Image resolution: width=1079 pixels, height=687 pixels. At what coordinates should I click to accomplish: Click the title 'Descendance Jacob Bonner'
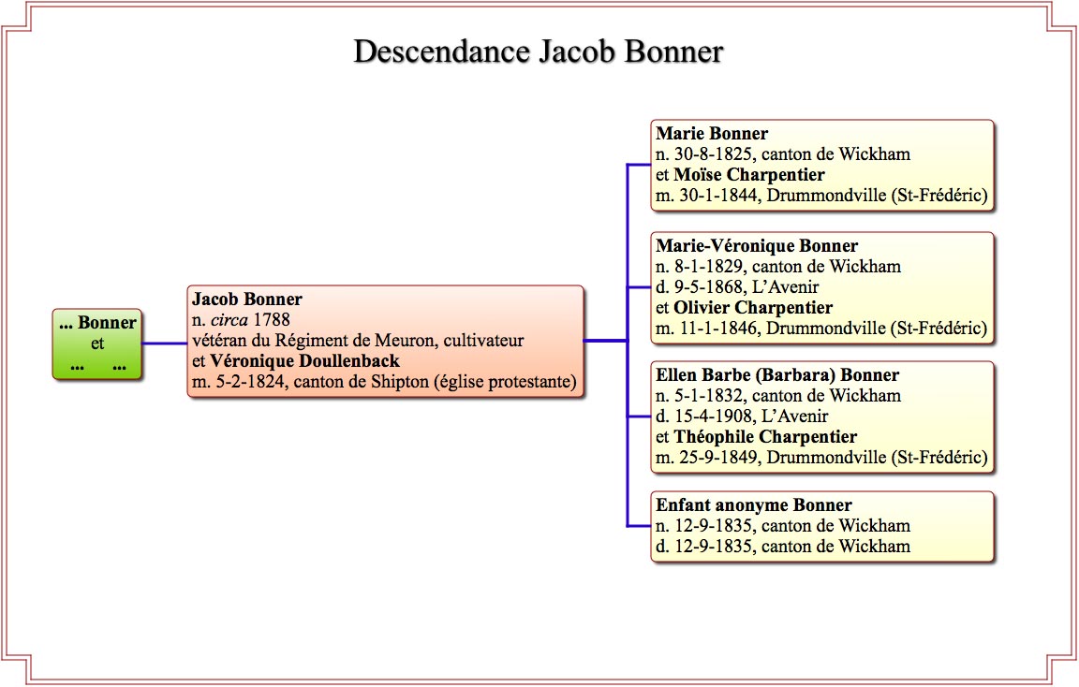[539, 52]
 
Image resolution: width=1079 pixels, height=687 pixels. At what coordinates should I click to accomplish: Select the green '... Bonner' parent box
[97, 343]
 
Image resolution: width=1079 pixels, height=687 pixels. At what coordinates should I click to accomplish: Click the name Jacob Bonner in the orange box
[247, 300]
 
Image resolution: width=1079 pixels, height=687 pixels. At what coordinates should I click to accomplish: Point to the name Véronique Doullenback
[304, 361]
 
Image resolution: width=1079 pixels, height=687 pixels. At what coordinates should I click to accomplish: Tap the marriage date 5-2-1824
[247, 382]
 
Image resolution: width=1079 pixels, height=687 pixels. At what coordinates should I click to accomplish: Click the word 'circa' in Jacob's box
[229, 320]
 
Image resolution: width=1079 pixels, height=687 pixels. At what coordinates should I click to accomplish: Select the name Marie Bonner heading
[712, 134]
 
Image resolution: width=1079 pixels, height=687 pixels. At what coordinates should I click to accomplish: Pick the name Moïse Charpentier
[749, 175]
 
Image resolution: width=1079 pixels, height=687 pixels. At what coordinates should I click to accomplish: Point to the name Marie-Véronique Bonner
[757, 245]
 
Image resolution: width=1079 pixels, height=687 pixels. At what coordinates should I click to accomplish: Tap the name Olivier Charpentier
[753, 307]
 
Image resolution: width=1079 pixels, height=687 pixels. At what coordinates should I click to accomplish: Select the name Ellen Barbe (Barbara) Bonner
[777, 374]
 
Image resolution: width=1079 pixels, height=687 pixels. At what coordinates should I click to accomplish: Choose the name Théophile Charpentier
[765, 437]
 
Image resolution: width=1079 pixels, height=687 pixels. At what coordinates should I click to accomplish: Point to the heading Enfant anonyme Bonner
[753, 504]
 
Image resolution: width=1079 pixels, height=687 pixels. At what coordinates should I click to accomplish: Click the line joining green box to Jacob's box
[165, 343]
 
